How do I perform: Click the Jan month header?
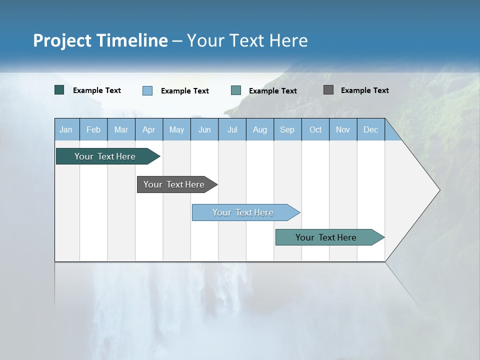(x=66, y=129)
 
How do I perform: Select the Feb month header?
(x=93, y=129)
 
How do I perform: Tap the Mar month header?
(x=121, y=129)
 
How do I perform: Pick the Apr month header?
(x=149, y=129)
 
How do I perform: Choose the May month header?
(x=176, y=129)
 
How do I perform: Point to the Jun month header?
(x=204, y=129)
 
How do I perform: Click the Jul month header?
(x=232, y=129)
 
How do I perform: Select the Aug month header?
(x=260, y=129)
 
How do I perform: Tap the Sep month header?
(x=287, y=129)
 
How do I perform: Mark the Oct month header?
(x=315, y=129)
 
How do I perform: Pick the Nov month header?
(x=343, y=129)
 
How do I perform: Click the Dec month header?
(x=371, y=129)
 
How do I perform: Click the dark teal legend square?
(x=59, y=90)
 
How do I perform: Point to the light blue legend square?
(x=147, y=90)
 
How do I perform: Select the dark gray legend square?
(x=328, y=90)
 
